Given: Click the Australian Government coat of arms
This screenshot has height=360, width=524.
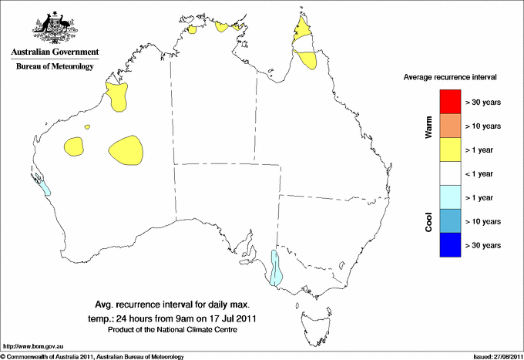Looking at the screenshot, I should [54, 28].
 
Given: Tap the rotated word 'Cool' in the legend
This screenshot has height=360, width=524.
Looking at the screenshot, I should [428, 221].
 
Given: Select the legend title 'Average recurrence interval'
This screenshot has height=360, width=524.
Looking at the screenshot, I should [450, 78].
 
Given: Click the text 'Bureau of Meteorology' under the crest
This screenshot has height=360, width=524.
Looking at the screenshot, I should [55, 67].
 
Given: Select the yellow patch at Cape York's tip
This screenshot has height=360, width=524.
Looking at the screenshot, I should [303, 31].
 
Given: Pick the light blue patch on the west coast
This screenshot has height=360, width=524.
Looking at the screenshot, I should [44, 185].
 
